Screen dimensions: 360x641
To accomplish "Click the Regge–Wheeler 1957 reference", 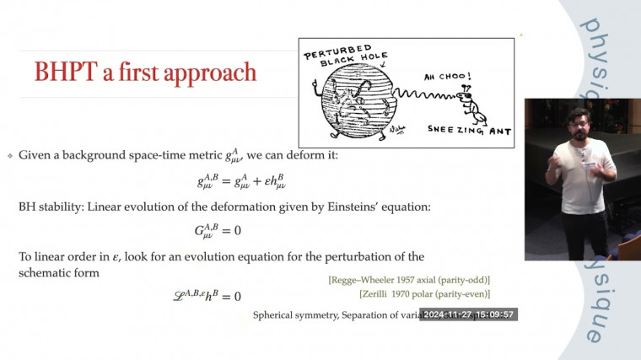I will point(409,279).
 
